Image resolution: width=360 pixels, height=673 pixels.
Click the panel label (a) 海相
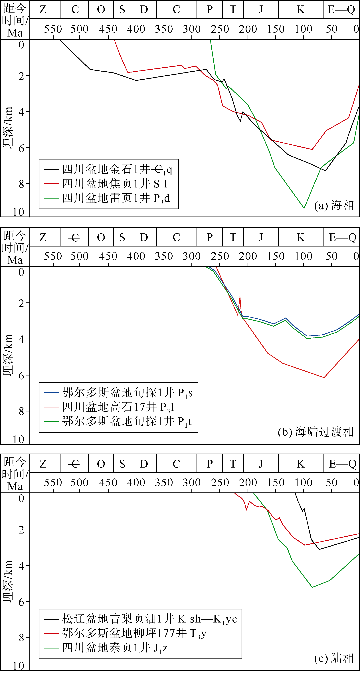point(334,206)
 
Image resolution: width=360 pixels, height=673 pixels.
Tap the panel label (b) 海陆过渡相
point(315,432)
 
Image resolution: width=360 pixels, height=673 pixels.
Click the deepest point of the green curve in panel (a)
point(304,208)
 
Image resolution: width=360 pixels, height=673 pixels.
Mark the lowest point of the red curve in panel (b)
point(324,377)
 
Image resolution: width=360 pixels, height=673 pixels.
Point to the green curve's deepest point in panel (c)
point(312,587)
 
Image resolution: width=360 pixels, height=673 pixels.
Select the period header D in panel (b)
point(144,237)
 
